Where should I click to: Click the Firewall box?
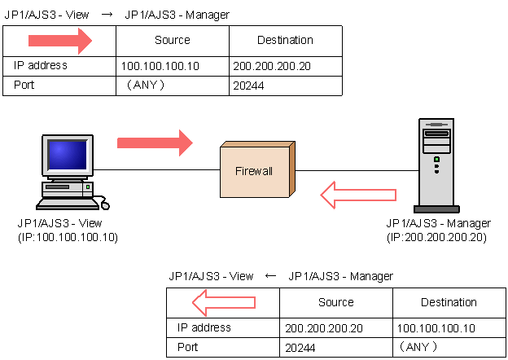click(256, 172)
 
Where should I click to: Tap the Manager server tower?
click(436, 165)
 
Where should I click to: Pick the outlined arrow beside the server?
click(357, 195)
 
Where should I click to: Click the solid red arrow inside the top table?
click(60, 40)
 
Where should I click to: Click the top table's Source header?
click(172, 40)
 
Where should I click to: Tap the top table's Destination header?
click(285, 40)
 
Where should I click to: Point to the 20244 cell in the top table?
click(248, 84)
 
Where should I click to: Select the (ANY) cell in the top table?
click(146, 84)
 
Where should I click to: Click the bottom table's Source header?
click(335, 302)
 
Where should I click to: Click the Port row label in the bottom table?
click(188, 347)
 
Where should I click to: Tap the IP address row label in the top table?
click(40, 66)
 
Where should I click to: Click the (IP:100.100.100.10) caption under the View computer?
click(68, 237)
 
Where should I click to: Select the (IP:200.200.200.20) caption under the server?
click(437, 237)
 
